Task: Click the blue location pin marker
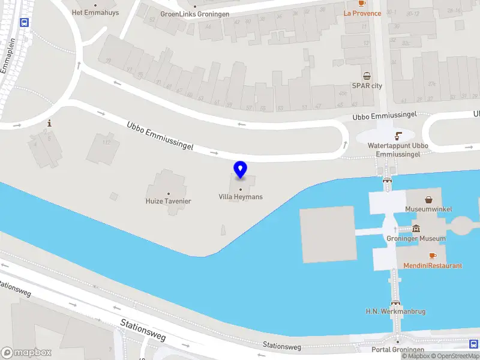241,170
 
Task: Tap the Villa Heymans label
241,197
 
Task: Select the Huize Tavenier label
168,201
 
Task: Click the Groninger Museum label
416,238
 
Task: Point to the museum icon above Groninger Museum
416,229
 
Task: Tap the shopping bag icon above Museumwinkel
430,200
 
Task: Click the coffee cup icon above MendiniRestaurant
433,256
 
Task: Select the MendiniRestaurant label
433,265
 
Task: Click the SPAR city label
367,86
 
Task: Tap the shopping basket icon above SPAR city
367,76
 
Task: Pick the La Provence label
362,13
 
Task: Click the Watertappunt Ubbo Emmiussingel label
398,149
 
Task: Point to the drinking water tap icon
398,135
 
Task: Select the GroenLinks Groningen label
195,14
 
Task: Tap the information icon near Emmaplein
49,122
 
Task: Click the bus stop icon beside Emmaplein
25,22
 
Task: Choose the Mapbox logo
26,352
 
